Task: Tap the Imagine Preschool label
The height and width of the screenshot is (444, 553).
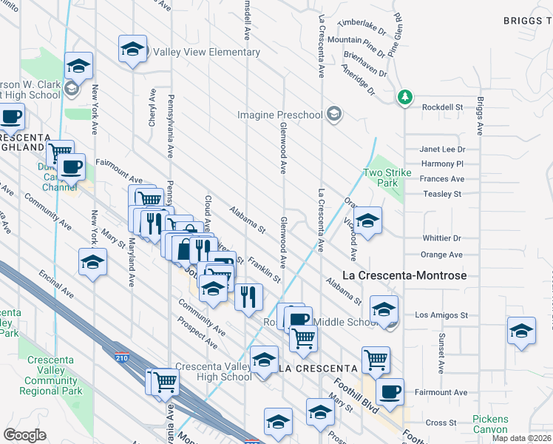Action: (280, 115)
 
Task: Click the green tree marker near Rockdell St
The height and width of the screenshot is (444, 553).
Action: (404, 97)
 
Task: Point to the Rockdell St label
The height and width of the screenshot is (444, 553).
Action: (442, 107)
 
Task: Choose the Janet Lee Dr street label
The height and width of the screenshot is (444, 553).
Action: (442, 149)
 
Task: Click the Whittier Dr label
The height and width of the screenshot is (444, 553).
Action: (442, 238)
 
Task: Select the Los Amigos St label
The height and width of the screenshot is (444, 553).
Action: (441, 314)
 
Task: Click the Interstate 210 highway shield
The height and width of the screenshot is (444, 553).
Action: (121, 357)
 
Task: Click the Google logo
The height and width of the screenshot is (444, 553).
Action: (24, 434)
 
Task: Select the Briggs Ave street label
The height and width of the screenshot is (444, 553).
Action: (480, 115)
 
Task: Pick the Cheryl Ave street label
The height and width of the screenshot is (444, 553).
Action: (152, 109)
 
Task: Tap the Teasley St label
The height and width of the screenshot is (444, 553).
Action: (442, 194)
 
